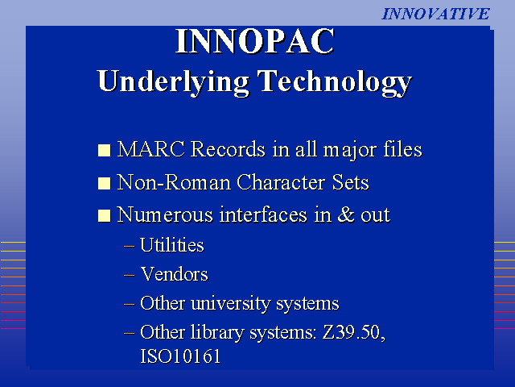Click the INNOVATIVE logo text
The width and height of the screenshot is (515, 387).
point(435,14)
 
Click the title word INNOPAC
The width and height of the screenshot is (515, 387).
point(255,41)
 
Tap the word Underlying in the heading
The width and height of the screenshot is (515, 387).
point(173,82)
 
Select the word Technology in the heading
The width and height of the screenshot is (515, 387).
point(335,82)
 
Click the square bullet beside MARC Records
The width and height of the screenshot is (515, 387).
point(104,150)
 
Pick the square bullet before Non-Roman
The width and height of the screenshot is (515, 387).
point(104,183)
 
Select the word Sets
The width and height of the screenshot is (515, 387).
point(351,182)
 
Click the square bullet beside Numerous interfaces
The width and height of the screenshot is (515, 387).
point(104,216)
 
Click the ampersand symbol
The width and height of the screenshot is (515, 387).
point(346,214)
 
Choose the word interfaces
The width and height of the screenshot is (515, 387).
point(263,214)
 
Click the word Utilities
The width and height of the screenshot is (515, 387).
point(172,245)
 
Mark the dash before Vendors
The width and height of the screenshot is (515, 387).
point(129,275)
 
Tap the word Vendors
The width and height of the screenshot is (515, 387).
point(174,274)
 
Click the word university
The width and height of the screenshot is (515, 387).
point(230,303)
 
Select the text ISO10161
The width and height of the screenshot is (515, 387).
point(180,356)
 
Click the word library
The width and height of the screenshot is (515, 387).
point(217,332)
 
